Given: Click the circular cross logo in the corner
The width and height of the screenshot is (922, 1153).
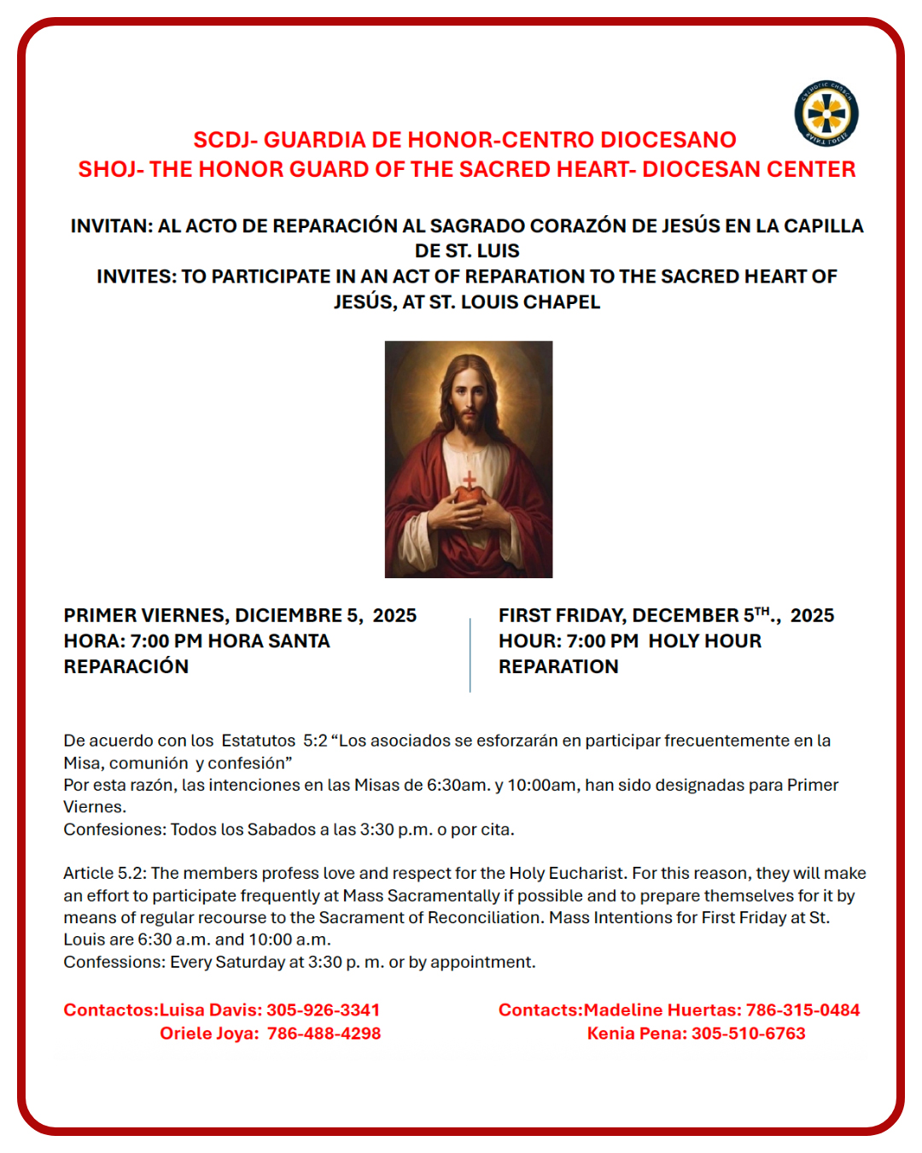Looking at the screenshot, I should [x=826, y=114].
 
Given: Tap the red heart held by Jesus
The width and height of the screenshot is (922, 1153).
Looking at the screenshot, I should [x=468, y=493].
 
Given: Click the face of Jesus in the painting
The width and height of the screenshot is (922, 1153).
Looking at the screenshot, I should [x=467, y=399].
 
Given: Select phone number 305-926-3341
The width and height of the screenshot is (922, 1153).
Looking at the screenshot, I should [x=323, y=1010].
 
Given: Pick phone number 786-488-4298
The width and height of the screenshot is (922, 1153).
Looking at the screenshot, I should [x=324, y=1033].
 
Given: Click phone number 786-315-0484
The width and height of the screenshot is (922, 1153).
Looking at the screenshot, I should [x=802, y=1010].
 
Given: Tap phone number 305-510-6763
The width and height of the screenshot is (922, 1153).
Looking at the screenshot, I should [x=748, y=1033].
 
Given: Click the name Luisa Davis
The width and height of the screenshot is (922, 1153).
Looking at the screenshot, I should [x=209, y=1010].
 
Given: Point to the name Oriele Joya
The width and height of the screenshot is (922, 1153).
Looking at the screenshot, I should [x=208, y=1033].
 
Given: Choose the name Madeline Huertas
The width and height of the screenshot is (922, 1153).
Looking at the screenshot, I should [x=660, y=1010].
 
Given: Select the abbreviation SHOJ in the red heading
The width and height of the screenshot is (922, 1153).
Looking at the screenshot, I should [x=108, y=169].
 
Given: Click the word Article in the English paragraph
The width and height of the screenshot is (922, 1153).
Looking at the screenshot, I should [x=88, y=873].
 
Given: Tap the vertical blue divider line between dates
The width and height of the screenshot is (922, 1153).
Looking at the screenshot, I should [x=470, y=654].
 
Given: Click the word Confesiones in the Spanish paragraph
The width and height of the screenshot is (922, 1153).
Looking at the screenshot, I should [x=114, y=829].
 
